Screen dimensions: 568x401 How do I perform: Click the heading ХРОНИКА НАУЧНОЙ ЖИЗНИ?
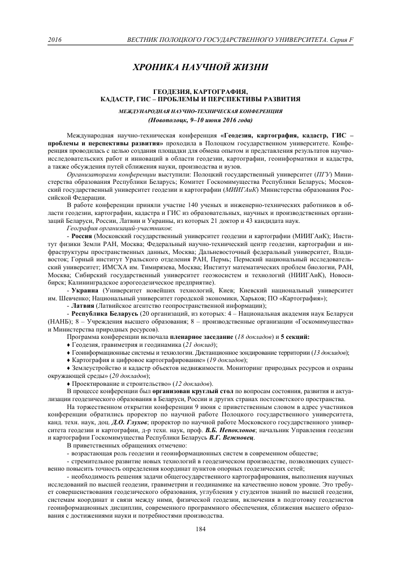point(200,67)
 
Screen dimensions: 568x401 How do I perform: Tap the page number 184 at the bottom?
point(200,529)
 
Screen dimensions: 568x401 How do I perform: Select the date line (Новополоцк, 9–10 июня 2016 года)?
point(200,121)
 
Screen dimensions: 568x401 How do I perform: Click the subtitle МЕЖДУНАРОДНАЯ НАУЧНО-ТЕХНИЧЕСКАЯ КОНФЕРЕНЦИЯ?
point(200,112)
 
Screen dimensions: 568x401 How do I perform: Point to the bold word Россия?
point(82,251)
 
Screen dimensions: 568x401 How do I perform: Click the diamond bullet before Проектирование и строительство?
point(68,384)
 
